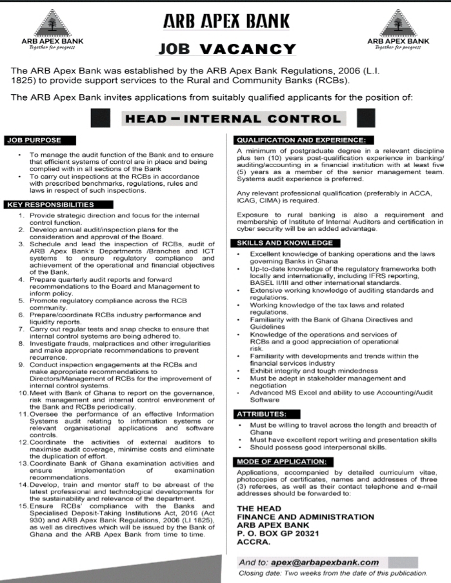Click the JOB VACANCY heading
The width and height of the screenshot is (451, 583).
tap(227, 49)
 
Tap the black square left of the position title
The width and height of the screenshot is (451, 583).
tap(101, 119)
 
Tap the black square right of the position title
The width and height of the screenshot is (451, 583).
tap(365, 119)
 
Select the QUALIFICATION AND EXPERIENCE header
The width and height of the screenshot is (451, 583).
tap(301, 140)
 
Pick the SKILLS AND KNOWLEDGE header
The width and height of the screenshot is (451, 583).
tap(286, 242)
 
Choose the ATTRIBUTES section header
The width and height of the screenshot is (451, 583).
tap(261, 413)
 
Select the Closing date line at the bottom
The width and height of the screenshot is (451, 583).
tap(333, 573)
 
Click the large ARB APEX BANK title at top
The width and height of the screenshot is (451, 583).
tap(226, 21)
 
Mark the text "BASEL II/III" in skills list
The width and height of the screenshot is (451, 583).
tap(273, 282)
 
